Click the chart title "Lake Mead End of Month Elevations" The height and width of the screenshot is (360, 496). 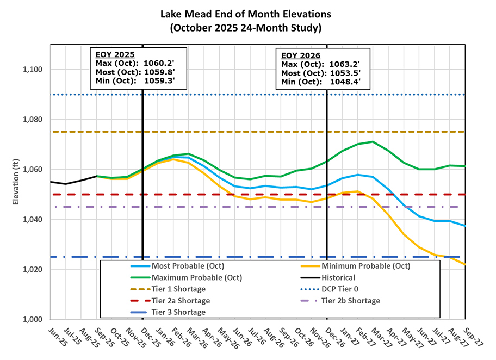pos(248,13)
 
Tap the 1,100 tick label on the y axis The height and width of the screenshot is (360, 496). pos(31,70)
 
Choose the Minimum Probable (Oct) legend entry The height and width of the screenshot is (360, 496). pos(365,266)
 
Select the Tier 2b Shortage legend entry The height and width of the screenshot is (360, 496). pos(351,301)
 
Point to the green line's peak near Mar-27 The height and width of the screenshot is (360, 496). pos(373,141)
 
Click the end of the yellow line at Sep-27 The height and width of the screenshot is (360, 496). pos(464,264)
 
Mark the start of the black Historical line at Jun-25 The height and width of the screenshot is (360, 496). pos(51,182)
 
